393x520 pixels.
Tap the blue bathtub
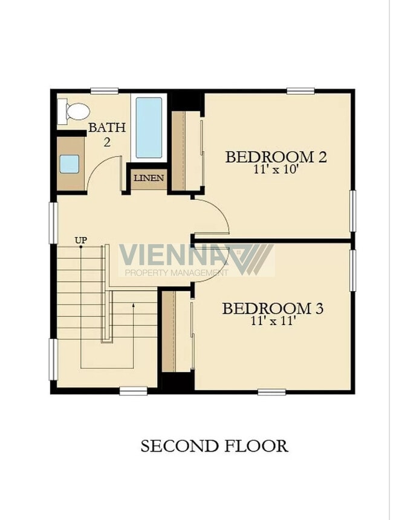(x=149, y=128)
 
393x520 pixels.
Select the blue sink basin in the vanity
(x=69, y=163)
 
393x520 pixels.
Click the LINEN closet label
(x=149, y=178)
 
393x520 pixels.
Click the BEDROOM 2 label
(x=276, y=157)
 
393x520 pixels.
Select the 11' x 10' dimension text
(x=276, y=170)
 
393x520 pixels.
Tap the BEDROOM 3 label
(x=273, y=309)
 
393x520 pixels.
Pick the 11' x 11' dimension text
(x=273, y=321)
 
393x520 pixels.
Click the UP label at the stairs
(x=80, y=240)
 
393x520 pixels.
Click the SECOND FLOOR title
(x=214, y=447)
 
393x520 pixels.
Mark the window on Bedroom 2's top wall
(x=300, y=91)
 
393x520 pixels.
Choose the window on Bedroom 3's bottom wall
(x=271, y=392)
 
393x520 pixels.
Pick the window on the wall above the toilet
(x=104, y=91)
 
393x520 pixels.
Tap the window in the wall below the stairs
(x=133, y=392)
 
